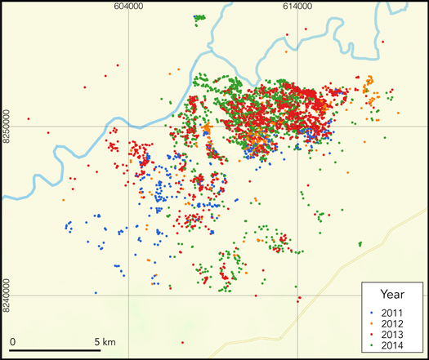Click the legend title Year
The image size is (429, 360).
point(391,294)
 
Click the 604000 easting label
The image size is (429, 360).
point(130,7)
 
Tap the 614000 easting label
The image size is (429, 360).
point(297,7)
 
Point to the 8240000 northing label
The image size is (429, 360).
point(7,295)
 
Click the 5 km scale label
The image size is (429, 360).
point(106,340)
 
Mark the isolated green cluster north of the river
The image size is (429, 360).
point(199,17)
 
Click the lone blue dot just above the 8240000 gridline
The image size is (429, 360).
point(96,292)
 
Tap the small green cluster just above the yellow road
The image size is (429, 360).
point(360,243)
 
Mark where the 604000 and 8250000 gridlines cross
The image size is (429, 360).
point(128,127)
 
